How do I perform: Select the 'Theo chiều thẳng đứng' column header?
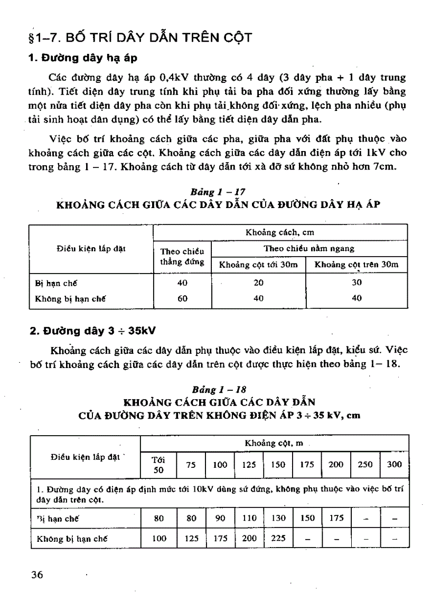pyautogui.click(x=182, y=257)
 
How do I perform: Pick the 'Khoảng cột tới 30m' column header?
pyautogui.click(x=258, y=265)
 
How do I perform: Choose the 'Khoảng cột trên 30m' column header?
pyautogui.click(x=357, y=265)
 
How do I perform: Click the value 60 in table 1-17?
pyautogui.click(x=182, y=298)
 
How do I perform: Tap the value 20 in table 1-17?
pyautogui.click(x=258, y=283)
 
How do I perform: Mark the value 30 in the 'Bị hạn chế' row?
pyautogui.click(x=357, y=283)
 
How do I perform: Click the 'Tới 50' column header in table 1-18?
pyautogui.click(x=158, y=465)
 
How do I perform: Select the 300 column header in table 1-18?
pyautogui.click(x=394, y=465)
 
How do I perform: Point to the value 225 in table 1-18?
pyautogui.click(x=278, y=539)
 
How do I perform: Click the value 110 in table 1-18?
pyautogui.click(x=249, y=519)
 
